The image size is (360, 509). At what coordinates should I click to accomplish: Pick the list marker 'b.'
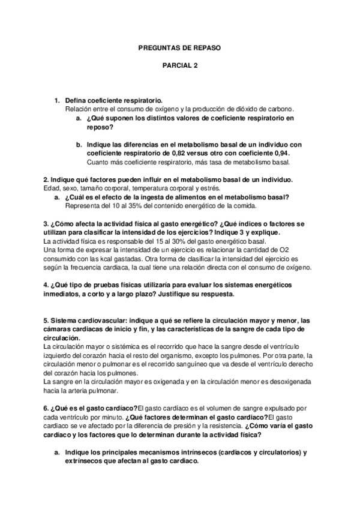point(79,145)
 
